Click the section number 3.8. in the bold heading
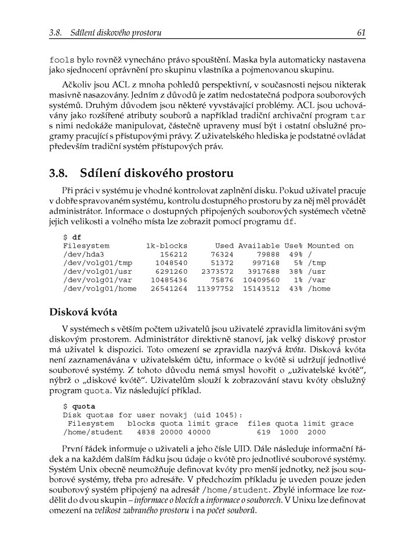coord(60,173)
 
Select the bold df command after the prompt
coord(77,237)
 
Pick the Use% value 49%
coord(296,254)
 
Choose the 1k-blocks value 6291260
coord(169,271)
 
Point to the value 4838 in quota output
coord(146,432)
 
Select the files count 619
coord(264,432)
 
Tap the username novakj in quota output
coord(173,415)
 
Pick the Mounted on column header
coord(330,246)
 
